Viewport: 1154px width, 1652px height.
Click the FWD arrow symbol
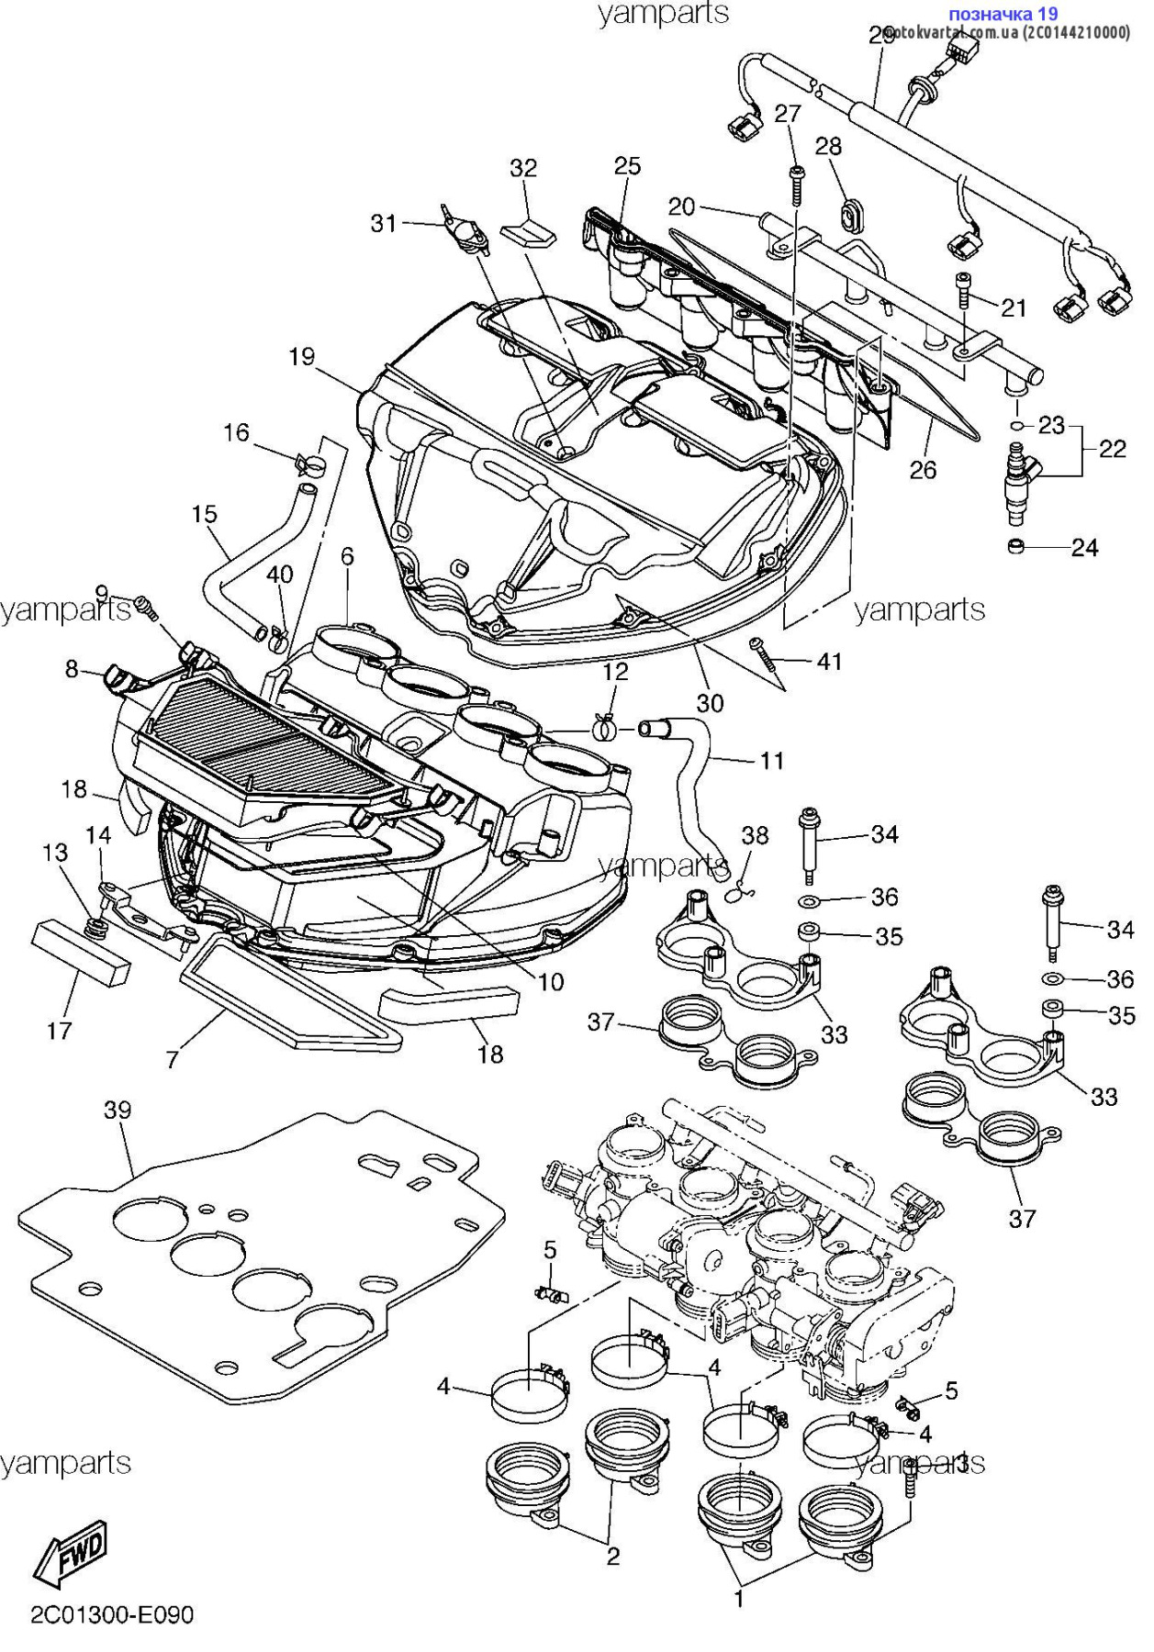(x=72, y=1552)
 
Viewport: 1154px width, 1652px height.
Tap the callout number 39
(x=118, y=1111)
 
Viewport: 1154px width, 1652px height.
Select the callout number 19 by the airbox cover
(x=301, y=357)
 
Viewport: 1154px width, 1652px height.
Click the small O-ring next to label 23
(x=1016, y=426)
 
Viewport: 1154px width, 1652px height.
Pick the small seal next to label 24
(x=1016, y=547)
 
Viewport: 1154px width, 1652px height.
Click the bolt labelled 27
(x=797, y=186)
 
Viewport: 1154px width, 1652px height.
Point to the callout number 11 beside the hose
(x=772, y=760)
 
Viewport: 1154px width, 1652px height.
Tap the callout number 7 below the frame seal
(x=172, y=1059)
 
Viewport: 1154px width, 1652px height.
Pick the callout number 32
(x=523, y=168)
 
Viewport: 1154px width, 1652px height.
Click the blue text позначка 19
(x=1002, y=14)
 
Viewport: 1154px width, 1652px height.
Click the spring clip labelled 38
(x=741, y=889)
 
